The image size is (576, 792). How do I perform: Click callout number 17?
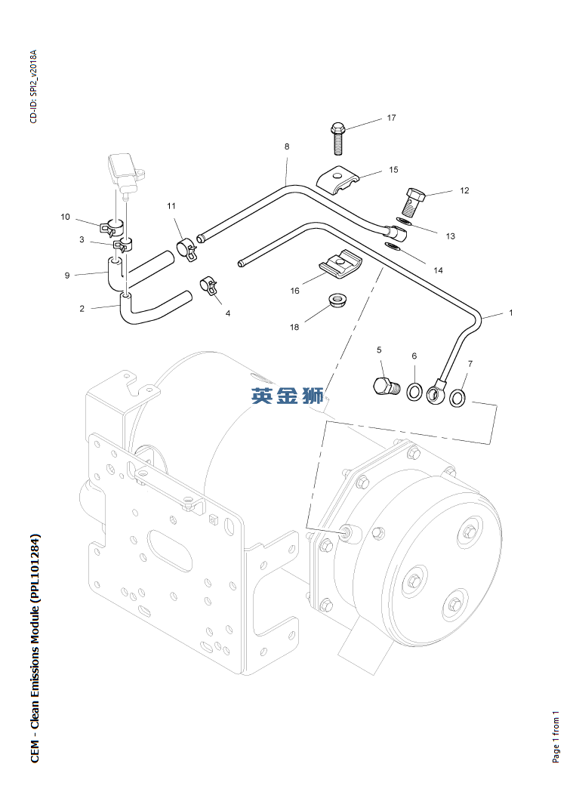[392, 118]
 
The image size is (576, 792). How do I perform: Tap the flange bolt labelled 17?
[338, 138]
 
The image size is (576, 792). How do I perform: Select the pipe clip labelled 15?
[338, 180]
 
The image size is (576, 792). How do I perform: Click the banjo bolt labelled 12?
[414, 202]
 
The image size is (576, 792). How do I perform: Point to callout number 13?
[450, 236]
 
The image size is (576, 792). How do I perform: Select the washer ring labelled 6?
[414, 391]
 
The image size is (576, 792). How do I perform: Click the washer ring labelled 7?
[457, 398]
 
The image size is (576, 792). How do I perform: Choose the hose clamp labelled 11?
[186, 249]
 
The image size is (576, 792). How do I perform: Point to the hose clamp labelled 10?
[113, 227]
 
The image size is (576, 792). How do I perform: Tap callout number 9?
[67, 276]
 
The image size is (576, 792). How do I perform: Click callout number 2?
[82, 308]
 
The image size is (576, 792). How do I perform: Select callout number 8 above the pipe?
[287, 146]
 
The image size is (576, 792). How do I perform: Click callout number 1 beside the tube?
[511, 313]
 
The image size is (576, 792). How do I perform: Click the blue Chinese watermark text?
[288, 396]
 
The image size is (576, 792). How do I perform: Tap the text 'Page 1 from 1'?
[556, 737]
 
